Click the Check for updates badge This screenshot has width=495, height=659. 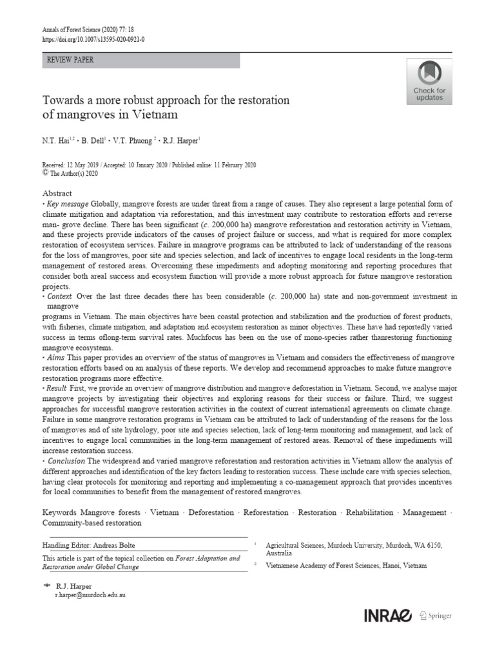[429, 81]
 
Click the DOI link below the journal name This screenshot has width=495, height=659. [93, 39]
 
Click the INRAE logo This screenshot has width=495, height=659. [388, 616]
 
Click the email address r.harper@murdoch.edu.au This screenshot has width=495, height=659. [90, 595]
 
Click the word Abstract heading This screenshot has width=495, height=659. [57, 194]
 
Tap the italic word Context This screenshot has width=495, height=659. [59, 296]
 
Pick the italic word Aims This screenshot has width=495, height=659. [56, 357]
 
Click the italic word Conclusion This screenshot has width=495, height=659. [66, 461]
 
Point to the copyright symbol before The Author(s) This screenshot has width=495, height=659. [45, 173]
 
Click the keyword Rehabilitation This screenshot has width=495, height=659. [369, 512]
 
